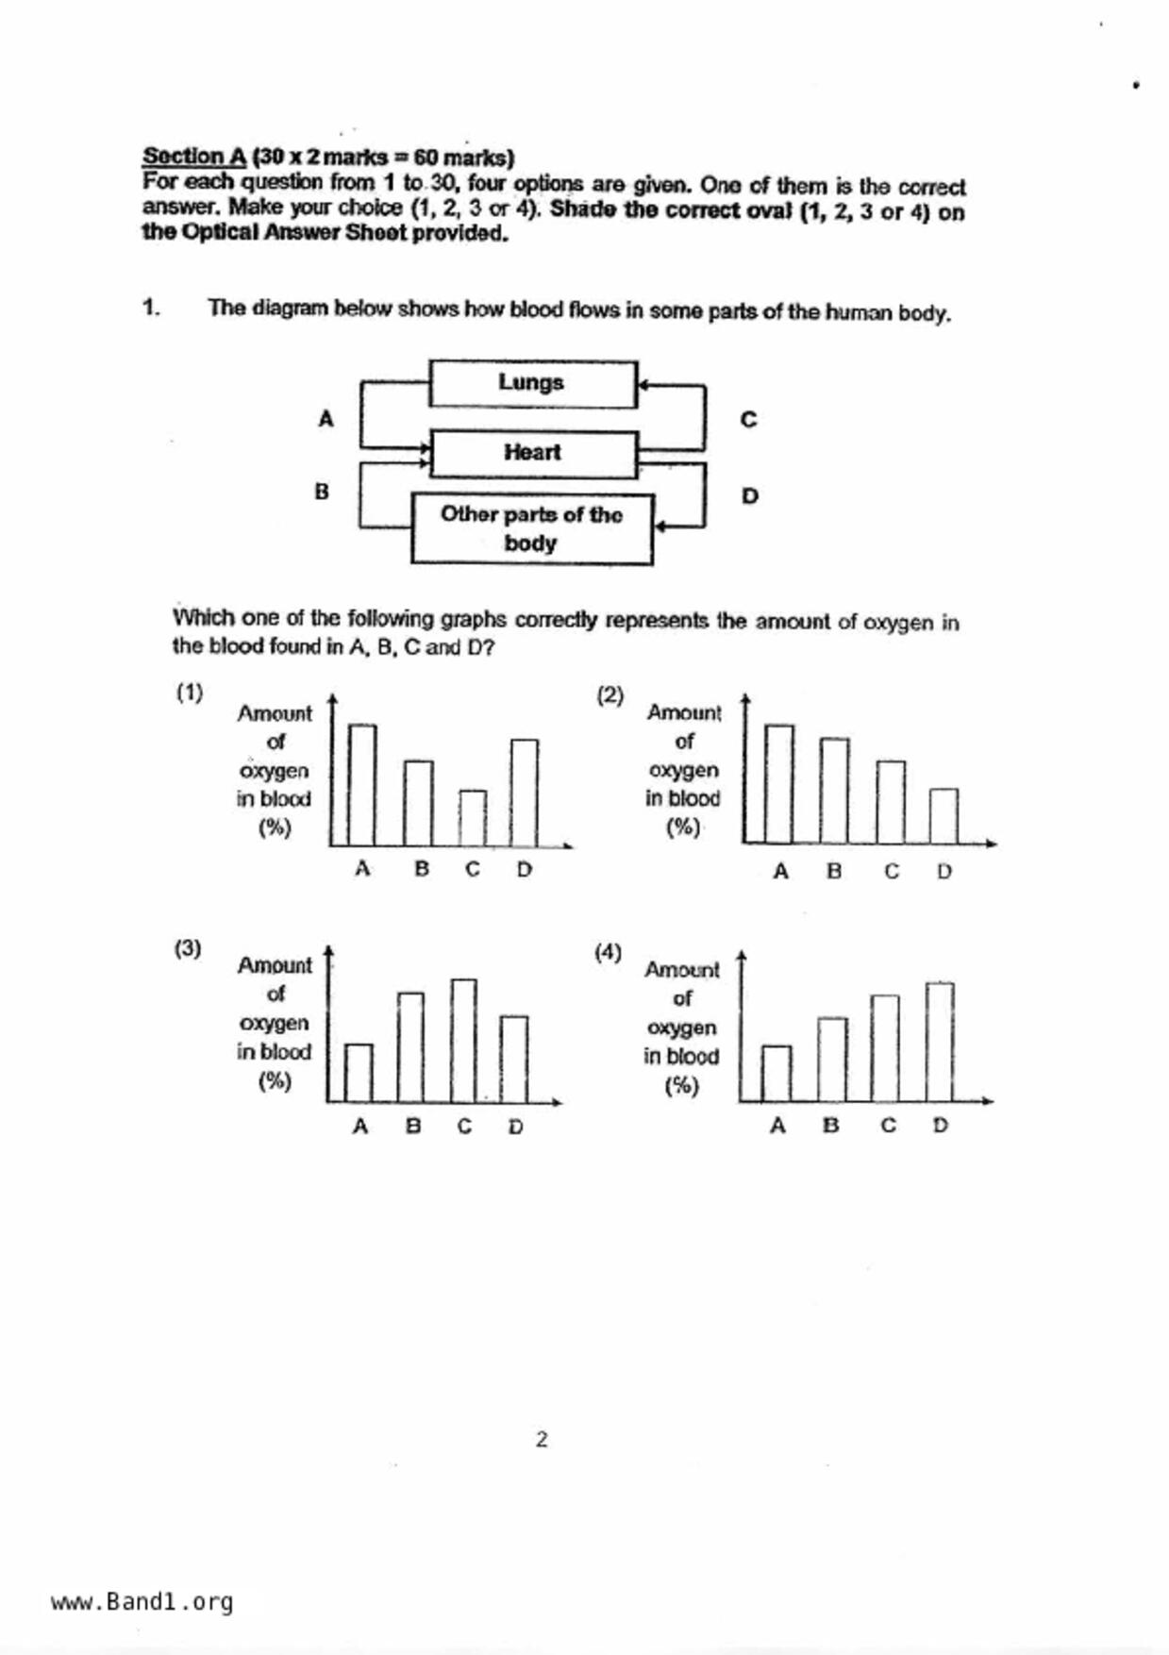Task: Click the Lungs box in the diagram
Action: click(533, 383)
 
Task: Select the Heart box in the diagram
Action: click(533, 454)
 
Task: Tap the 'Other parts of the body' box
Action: click(532, 528)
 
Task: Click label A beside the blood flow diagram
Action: click(326, 418)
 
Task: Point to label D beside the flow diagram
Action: click(749, 495)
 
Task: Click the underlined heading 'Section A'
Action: click(193, 157)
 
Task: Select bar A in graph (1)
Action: click(362, 784)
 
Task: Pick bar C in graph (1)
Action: click(473, 817)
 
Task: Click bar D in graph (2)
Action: click(944, 816)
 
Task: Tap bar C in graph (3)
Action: click(463, 1040)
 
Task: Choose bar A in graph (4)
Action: click(777, 1073)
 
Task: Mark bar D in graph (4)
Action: click(940, 1042)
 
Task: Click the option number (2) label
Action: click(610, 695)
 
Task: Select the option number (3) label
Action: click(188, 948)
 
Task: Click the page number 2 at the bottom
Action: click(542, 1439)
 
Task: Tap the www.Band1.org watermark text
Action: click(142, 1602)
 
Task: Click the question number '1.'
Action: click(151, 308)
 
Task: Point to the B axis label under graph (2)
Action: click(834, 871)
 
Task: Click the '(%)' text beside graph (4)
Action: click(681, 1086)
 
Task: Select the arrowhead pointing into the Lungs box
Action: click(643, 385)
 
